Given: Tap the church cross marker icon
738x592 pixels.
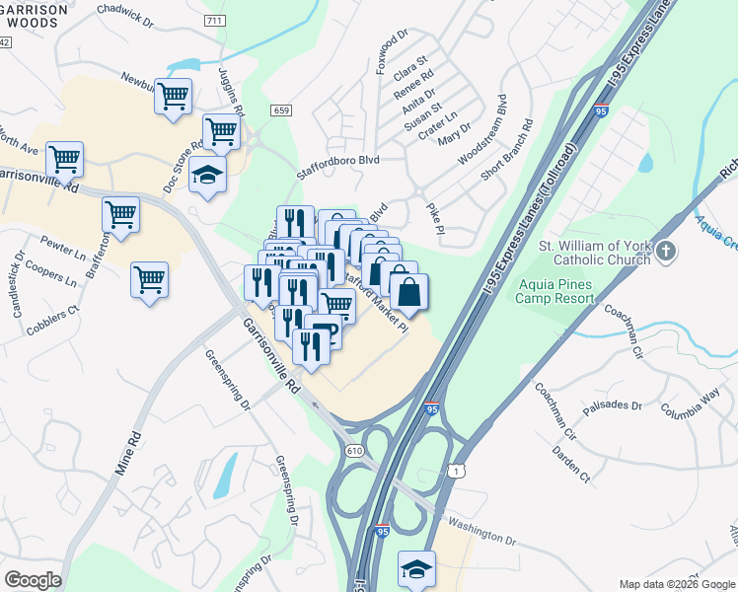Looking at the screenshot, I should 666,251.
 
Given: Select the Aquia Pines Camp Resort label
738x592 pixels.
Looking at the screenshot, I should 570,291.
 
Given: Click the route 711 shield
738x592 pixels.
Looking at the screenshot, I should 213,21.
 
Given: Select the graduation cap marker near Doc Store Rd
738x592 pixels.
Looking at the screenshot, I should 207,176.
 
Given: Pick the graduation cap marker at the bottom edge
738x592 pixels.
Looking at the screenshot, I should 416,569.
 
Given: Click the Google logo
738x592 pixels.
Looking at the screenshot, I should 33,579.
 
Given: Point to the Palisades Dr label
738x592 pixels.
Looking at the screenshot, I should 617,402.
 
